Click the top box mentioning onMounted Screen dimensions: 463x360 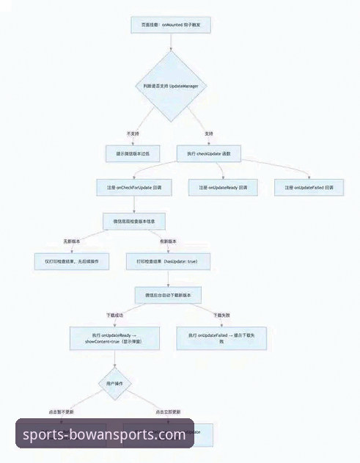[170, 25]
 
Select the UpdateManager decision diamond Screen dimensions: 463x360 [170, 86]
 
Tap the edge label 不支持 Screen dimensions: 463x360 [133, 134]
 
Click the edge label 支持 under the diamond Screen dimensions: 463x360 [209, 134]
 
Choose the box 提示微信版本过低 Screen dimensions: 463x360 [133, 154]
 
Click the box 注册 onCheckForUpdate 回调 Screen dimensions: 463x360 [133, 189]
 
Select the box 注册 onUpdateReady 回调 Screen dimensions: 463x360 [223, 189]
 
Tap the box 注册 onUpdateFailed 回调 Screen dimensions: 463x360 [309, 189]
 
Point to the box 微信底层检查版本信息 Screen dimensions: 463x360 [133, 221]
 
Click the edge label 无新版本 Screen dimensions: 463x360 [72, 241]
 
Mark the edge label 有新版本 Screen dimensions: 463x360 [168, 241]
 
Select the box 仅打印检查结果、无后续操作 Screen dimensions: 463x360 [72, 261]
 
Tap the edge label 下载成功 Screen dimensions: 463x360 [116, 316]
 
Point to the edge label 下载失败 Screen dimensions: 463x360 [221, 316]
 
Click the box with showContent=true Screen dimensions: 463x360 [116, 338]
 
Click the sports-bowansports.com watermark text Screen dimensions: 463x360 [104, 434]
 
